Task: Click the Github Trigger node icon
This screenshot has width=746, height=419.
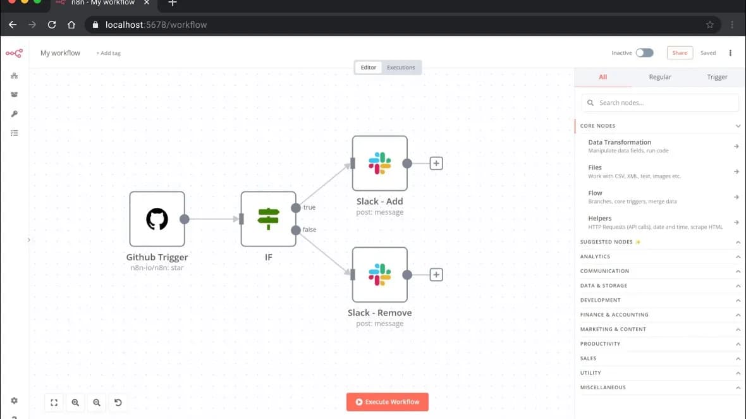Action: (157, 219)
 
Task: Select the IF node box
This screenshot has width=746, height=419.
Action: (268, 219)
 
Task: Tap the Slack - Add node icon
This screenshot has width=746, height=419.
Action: (380, 163)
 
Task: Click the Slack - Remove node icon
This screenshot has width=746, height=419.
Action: (380, 274)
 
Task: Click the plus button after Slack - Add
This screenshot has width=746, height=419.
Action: (436, 163)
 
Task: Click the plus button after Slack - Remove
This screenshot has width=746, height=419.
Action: (436, 274)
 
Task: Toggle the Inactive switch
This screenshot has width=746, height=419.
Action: (645, 53)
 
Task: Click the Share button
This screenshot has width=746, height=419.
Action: (680, 53)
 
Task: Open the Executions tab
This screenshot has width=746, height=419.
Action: (401, 68)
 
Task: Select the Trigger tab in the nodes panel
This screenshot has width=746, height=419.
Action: (717, 77)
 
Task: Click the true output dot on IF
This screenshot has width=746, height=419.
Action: (296, 208)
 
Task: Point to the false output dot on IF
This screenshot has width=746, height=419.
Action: (296, 230)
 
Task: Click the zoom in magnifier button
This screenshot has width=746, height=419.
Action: (75, 403)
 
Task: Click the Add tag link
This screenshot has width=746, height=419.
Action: (109, 53)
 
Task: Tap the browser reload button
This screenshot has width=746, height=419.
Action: (52, 25)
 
